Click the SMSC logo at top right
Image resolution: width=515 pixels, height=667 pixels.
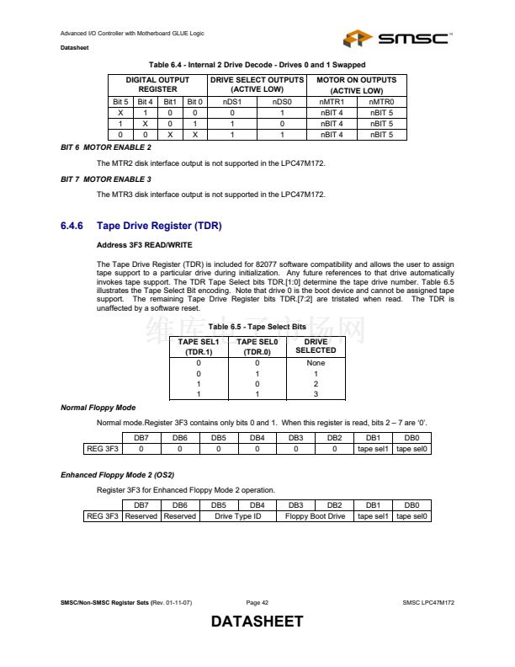tap(398, 39)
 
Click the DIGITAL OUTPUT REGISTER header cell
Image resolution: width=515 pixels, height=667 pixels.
tap(157, 84)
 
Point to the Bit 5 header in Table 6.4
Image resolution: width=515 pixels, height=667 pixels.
tap(120, 101)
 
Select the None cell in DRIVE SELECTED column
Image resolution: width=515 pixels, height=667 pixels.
tap(316, 363)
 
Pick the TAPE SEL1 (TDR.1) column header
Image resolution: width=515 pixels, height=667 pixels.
tap(199, 346)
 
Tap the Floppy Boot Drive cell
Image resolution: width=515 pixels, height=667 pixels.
tap(315, 516)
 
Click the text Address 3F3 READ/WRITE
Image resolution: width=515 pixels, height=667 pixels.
tap(145, 245)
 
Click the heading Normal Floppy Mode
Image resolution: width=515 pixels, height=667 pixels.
tap(98, 408)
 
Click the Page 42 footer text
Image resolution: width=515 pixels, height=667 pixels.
tap(257, 603)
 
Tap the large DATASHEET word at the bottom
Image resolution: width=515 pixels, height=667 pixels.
tap(257, 622)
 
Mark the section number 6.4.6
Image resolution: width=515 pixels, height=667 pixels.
tap(75, 226)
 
